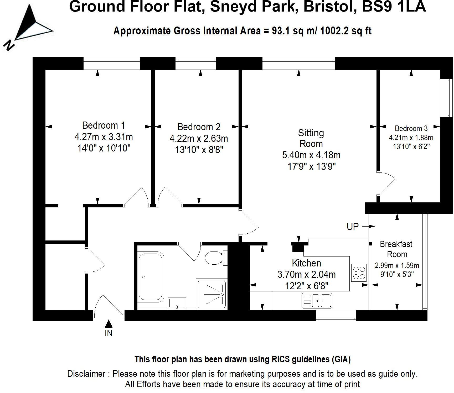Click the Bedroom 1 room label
[104, 125]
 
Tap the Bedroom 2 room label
[199, 127]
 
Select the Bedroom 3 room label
[411, 128]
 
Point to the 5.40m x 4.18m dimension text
[311, 155]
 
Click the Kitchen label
[306, 263]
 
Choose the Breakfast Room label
[396, 249]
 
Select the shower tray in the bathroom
[211, 294]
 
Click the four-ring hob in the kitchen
[359, 273]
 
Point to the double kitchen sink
[317, 300]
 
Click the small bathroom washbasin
[177, 303]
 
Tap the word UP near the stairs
[353, 227]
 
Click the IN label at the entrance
[109, 333]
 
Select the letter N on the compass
[9, 45]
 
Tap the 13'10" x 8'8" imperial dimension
[199, 150]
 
